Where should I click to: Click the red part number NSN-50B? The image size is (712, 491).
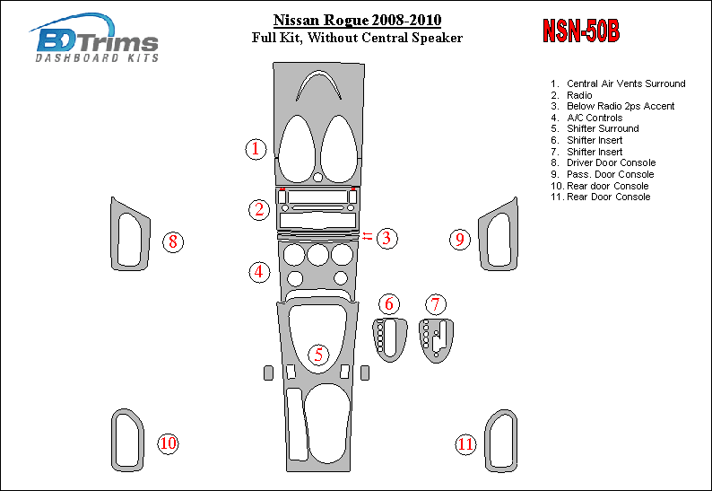(x=581, y=31)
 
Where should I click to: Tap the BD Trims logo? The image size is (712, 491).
(x=96, y=39)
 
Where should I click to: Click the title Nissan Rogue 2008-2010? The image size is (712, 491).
(x=357, y=21)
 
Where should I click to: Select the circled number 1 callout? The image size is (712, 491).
(x=256, y=149)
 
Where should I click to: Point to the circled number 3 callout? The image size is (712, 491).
(x=386, y=238)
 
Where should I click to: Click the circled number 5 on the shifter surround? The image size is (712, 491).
(x=318, y=355)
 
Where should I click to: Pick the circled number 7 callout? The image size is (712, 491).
(x=436, y=304)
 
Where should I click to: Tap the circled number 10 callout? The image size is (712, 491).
(x=168, y=443)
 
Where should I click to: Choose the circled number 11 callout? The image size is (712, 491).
(x=465, y=443)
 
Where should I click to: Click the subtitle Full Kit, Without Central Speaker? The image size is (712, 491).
(x=357, y=38)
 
